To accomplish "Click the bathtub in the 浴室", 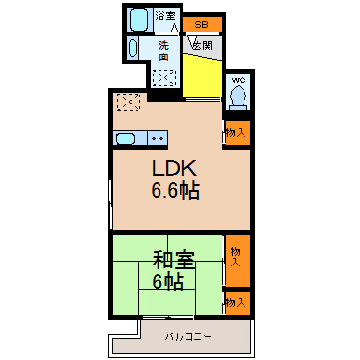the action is pos(138,19).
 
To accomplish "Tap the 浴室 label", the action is pos(165,16).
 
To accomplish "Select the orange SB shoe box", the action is pos(202,24).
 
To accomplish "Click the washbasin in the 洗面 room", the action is pos(133,49).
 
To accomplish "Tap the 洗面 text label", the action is pos(163,51).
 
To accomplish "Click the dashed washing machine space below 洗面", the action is pos(164,77).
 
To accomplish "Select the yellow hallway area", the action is pos(202,75).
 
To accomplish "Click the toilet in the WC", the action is pos(239,96).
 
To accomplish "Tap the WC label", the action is pos(239,80).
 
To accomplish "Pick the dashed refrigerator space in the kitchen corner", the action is pos(129,102).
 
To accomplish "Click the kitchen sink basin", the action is pos(126,138).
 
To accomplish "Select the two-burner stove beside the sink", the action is pos(158,138).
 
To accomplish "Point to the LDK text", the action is pos(174,168).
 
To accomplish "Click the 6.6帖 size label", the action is pos(176,190).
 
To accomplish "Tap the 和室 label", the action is pos(174,260).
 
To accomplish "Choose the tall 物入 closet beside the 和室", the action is pos(238,261).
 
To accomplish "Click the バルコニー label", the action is pos(188,336).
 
